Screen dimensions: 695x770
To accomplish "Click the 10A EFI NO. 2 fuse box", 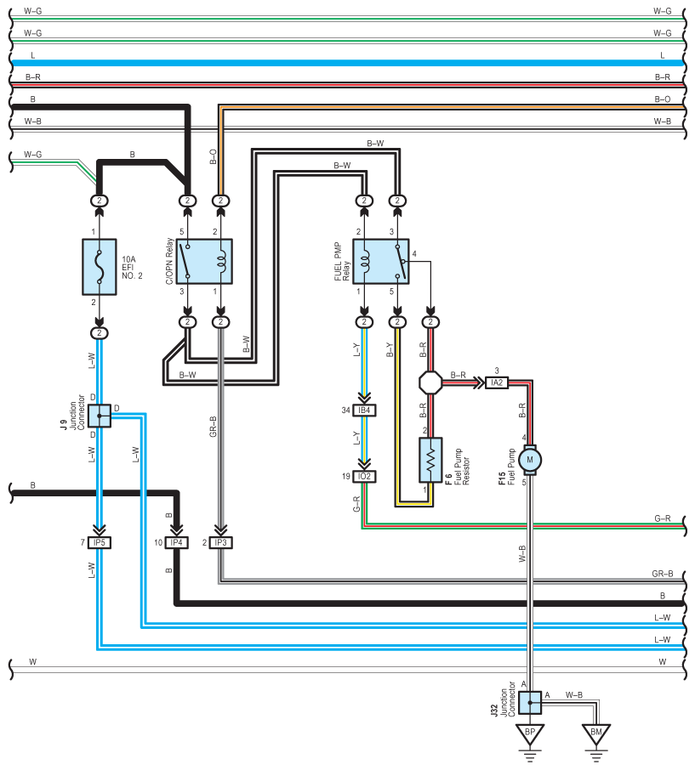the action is coord(100,267).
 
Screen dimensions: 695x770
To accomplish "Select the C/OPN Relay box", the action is coord(204,261).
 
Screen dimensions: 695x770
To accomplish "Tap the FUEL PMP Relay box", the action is coord(381,261).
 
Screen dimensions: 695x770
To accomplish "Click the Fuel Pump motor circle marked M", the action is coord(530,460).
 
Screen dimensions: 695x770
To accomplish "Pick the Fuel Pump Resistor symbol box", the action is coord(430,460).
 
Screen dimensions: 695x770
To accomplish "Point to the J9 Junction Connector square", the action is coord(100,416).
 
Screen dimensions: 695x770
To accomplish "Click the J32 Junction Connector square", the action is coord(530,703).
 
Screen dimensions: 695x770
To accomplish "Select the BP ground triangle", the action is coord(530,734).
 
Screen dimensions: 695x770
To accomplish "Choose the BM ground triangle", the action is coord(596,734).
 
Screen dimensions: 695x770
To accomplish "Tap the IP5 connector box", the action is coord(100,542).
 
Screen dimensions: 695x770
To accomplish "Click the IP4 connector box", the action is coord(176,542).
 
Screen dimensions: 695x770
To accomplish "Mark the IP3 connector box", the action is coord(220,542).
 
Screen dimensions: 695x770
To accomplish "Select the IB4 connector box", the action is coord(364,410).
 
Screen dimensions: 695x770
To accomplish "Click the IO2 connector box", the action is coord(364,476).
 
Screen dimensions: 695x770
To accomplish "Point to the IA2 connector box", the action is coord(497,382).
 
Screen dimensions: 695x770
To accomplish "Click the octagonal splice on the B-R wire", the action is coord(430,382).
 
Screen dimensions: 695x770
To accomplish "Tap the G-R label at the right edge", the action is coord(662,518).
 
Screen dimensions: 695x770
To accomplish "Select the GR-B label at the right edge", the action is coord(663,574).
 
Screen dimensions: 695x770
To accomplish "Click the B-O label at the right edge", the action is coord(662,99).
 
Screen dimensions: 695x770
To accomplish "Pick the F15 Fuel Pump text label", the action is coord(507,467).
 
